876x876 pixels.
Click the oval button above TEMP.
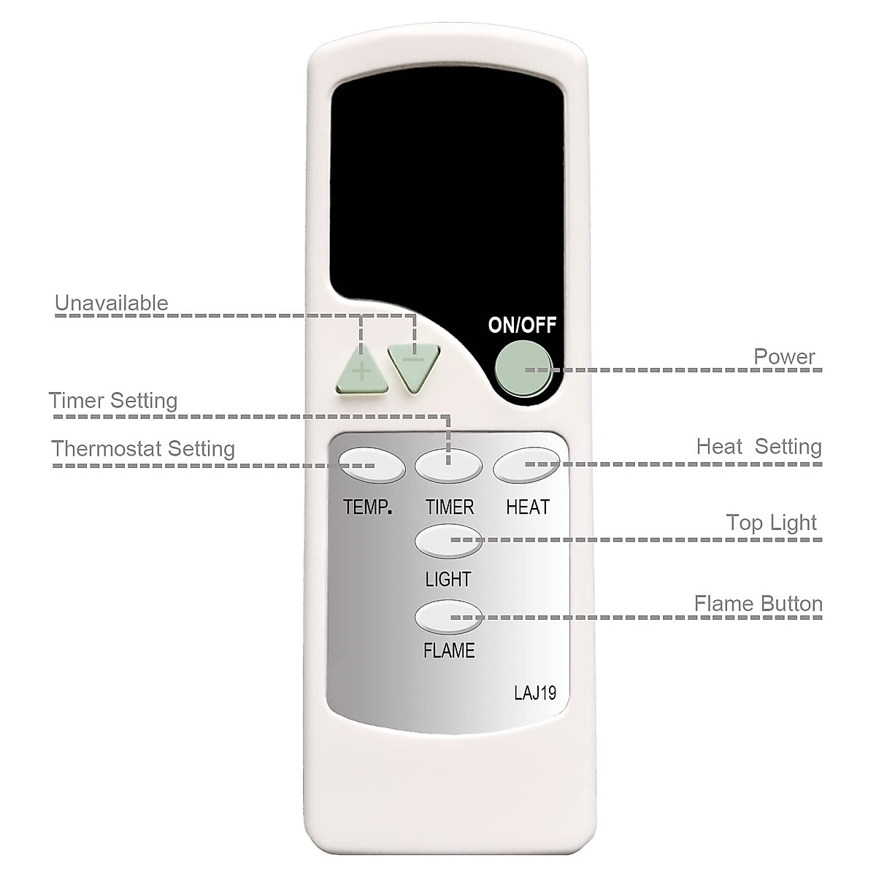point(372,465)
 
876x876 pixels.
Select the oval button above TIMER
point(449,465)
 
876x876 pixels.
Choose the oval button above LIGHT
point(449,541)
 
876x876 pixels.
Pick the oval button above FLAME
point(449,617)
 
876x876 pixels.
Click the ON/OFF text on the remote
point(522,325)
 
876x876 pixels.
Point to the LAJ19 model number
point(535,692)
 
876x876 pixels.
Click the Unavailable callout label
point(112,303)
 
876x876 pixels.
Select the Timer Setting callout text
point(113,401)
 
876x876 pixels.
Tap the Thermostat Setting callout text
point(143,448)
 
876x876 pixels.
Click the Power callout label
point(784,357)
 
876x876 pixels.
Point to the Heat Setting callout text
point(758,446)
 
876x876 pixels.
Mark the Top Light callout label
point(772,523)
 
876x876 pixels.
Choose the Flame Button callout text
point(758,604)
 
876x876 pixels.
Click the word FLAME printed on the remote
point(449,650)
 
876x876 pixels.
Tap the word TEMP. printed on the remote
point(368,507)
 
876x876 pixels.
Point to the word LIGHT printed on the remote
point(448,580)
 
